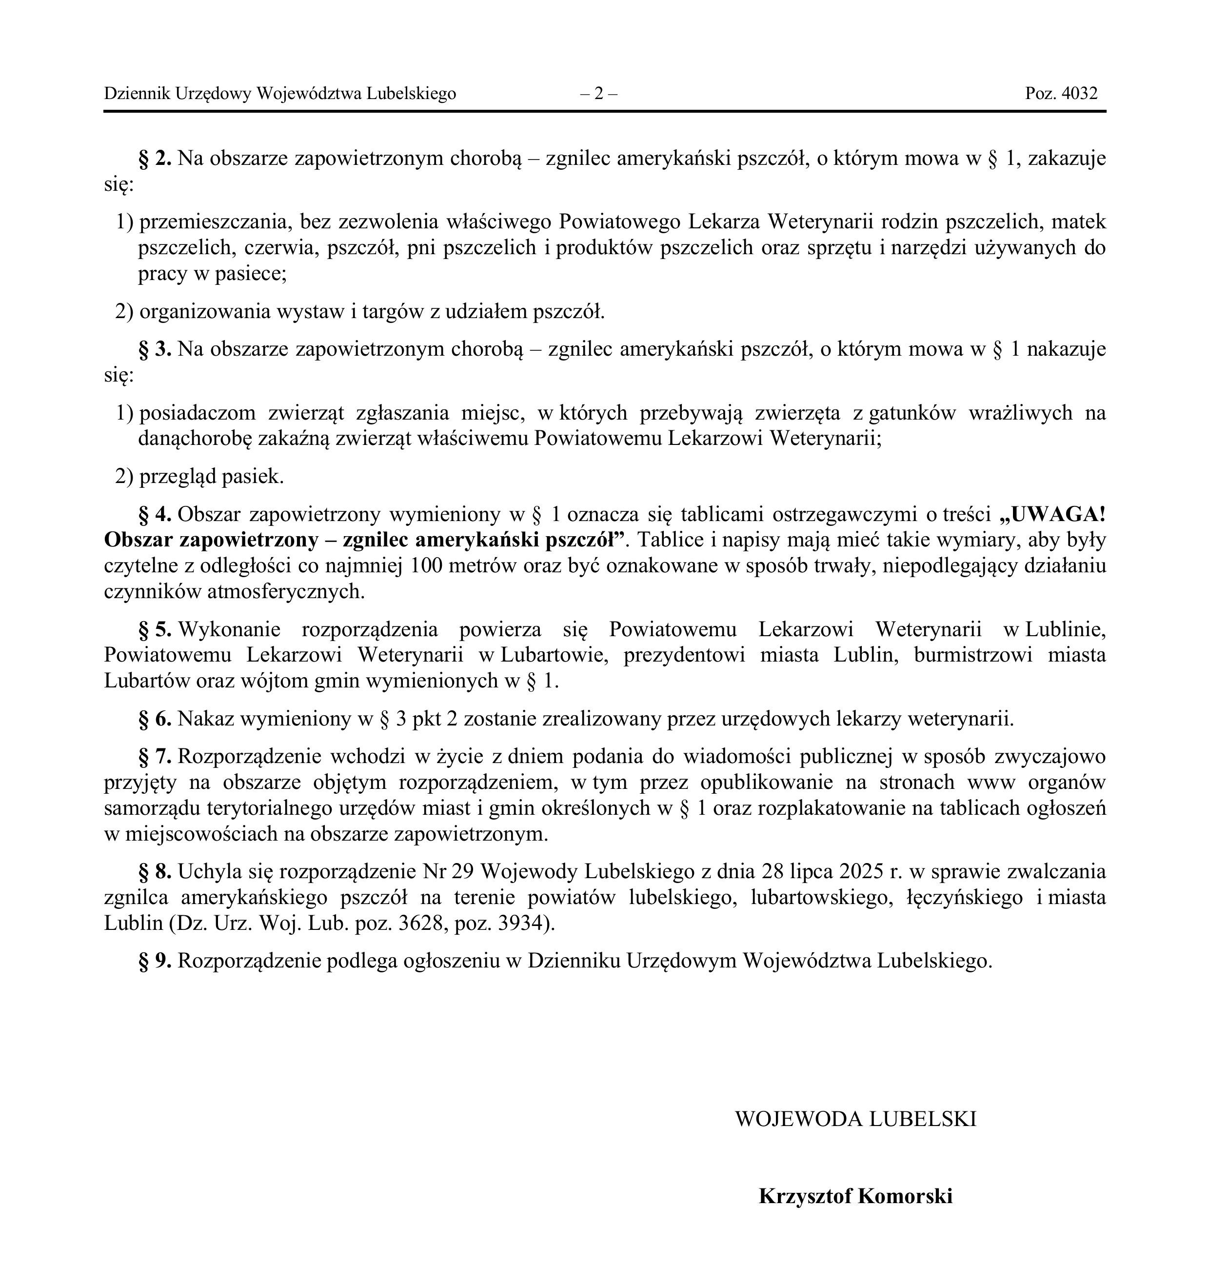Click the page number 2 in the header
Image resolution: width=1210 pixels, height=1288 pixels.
click(x=598, y=94)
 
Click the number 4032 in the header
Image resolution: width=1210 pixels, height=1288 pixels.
click(x=1080, y=94)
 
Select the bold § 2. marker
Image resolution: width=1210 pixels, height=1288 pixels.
click(x=155, y=159)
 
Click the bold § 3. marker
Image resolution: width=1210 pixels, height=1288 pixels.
click(x=155, y=349)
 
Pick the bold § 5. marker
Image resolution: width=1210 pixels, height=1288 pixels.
click(x=155, y=629)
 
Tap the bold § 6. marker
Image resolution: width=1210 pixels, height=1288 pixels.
click(x=155, y=719)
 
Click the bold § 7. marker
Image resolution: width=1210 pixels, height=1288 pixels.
click(x=155, y=757)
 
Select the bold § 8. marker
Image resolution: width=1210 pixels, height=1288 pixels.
click(x=155, y=871)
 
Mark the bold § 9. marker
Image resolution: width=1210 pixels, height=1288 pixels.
click(x=155, y=960)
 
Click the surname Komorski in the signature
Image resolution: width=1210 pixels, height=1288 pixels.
click(x=905, y=1196)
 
